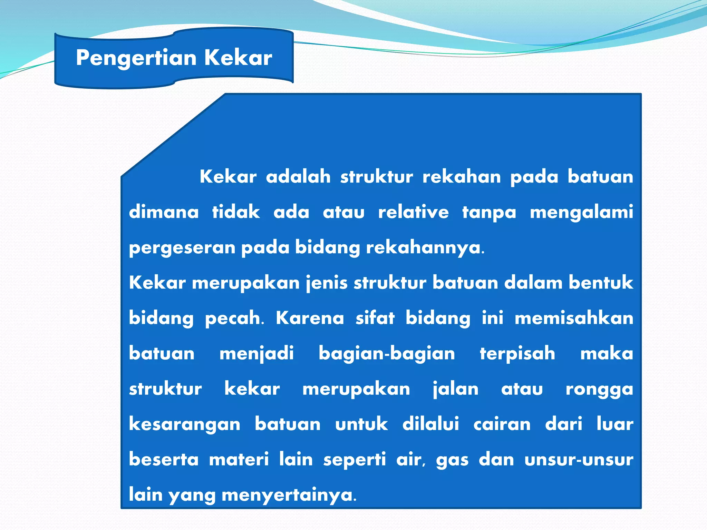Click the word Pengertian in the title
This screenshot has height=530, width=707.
click(136, 58)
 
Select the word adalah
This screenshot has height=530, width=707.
click(298, 177)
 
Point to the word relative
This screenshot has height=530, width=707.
click(413, 212)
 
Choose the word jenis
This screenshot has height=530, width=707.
click(327, 283)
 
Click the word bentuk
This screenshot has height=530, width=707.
click(601, 283)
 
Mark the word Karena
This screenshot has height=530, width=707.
click(310, 318)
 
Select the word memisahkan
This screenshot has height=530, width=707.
click(574, 318)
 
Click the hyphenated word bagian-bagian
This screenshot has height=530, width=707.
click(387, 353)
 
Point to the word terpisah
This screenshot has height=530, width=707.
click(517, 353)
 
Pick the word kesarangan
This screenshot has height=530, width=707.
click(185, 424)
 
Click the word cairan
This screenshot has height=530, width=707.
click(502, 424)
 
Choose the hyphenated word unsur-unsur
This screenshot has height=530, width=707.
click(579, 460)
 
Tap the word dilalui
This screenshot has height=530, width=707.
click(430, 424)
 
